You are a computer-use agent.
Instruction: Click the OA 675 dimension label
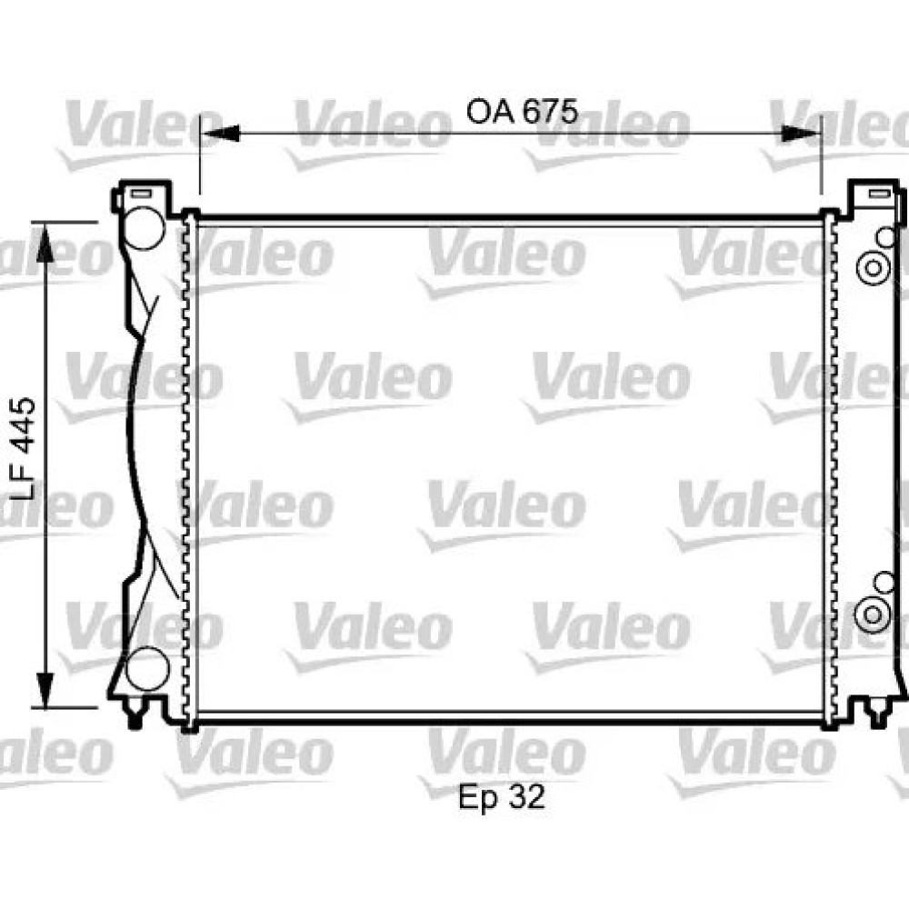click(522, 111)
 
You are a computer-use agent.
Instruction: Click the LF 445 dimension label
click(25, 449)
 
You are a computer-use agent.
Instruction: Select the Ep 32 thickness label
click(502, 796)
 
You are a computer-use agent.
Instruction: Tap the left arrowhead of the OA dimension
click(220, 134)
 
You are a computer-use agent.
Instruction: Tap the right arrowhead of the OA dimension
click(801, 134)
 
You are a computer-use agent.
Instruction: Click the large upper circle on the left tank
click(145, 228)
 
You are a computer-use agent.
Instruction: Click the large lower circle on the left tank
click(147, 669)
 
